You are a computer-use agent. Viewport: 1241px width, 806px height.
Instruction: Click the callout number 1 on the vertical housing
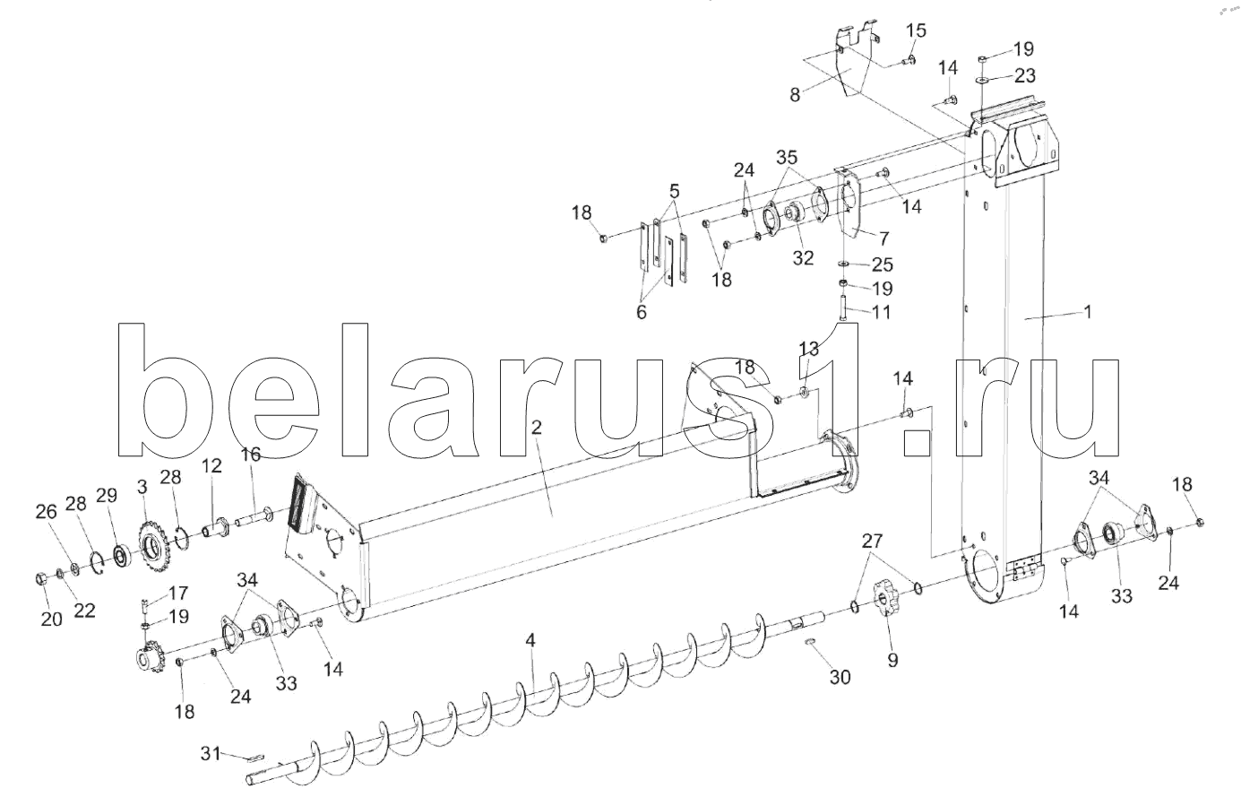click(x=1087, y=313)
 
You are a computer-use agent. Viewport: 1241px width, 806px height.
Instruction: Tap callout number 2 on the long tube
click(x=536, y=429)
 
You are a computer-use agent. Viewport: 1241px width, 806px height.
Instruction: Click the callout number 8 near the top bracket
click(x=795, y=94)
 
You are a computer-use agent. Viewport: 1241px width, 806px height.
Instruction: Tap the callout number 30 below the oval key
click(x=840, y=678)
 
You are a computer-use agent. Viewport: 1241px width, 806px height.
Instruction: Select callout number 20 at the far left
click(x=51, y=618)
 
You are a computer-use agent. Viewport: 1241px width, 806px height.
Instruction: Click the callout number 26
click(x=46, y=512)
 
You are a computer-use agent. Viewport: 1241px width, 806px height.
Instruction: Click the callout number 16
click(x=250, y=455)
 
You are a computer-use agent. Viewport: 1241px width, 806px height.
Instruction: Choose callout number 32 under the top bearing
click(x=803, y=258)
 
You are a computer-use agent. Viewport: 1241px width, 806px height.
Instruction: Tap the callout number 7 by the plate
click(x=883, y=238)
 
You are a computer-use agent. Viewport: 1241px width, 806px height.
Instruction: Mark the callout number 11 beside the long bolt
click(x=882, y=312)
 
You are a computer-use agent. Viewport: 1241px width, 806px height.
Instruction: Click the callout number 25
click(x=883, y=265)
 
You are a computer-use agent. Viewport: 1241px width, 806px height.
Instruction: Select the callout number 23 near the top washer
click(x=1025, y=74)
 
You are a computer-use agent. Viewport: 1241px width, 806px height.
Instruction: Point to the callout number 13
click(x=808, y=348)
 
